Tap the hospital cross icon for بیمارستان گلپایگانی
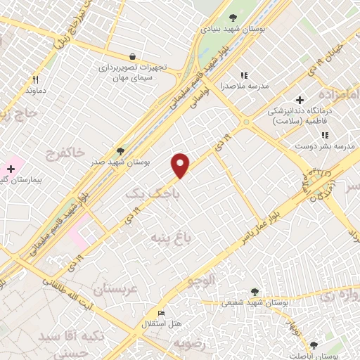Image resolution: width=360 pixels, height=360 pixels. [x=11, y=169]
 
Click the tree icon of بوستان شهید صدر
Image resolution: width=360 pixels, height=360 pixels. [x=120, y=150]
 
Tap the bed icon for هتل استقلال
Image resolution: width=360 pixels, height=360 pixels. [x=161, y=313]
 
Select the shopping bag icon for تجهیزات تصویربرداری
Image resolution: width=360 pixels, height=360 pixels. [x=133, y=56]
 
